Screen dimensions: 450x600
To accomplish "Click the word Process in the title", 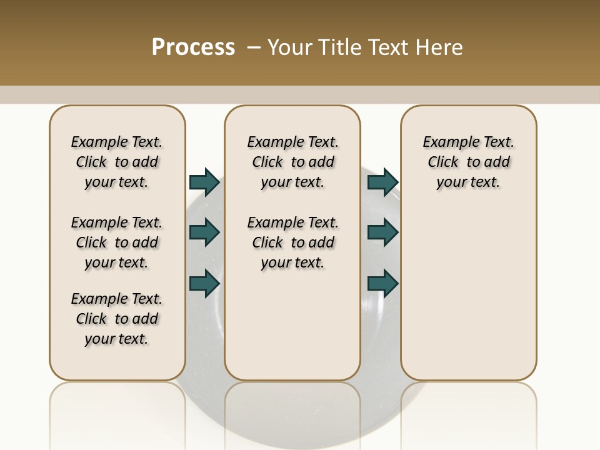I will [x=193, y=47].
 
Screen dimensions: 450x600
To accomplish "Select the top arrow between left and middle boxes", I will [x=204, y=182].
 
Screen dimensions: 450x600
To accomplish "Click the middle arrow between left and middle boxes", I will [x=204, y=232].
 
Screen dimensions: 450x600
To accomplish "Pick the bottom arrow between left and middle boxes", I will [x=204, y=283].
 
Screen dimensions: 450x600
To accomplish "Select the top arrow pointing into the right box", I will [x=382, y=182].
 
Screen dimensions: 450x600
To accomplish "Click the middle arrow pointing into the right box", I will [x=382, y=232].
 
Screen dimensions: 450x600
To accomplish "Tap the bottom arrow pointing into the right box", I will [x=382, y=283].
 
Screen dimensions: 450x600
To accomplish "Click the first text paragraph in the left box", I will [x=117, y=162].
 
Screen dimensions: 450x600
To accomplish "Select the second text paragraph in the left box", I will [x=117, y=242].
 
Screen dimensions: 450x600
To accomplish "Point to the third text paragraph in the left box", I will [x=117, y=319].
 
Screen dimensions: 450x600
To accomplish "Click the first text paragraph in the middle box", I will [x=292, y=162].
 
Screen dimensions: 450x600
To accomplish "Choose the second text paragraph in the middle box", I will [x=292, y=242].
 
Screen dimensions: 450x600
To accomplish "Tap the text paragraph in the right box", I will [x=468, y=162].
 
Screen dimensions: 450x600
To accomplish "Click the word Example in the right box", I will [x=446, y=142].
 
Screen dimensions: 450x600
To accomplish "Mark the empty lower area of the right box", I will [x=468, y=287].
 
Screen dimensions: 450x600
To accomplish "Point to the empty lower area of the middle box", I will [x=292, y=325].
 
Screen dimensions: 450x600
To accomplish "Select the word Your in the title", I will [x=290, y=47].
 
